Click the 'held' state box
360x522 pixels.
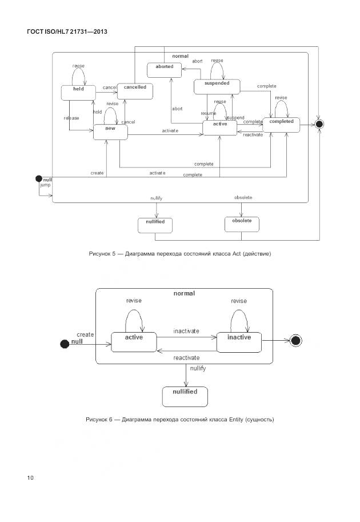tap(78, 93)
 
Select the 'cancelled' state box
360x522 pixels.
tap(135, 90)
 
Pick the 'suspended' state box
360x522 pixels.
tap(217, 86)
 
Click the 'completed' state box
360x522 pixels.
tap(281, 125)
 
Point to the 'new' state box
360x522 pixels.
tap(110, 131)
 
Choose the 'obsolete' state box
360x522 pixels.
tap(242, 224)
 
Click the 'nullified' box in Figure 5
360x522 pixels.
tap(155, 225)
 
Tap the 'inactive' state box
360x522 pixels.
tap(239, 341)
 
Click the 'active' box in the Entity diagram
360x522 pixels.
tap(134, 341)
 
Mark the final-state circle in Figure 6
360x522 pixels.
tap(295, 341)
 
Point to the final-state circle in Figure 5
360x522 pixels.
tap(319, 123)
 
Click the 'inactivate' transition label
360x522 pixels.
tap(186, 331)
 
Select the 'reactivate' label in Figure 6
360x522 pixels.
tap(186, 357)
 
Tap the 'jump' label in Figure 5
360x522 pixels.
tap(45, 186)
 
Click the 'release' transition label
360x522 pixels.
tap(71, 118)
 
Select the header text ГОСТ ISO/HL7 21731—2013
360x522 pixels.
tap(67, 31)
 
